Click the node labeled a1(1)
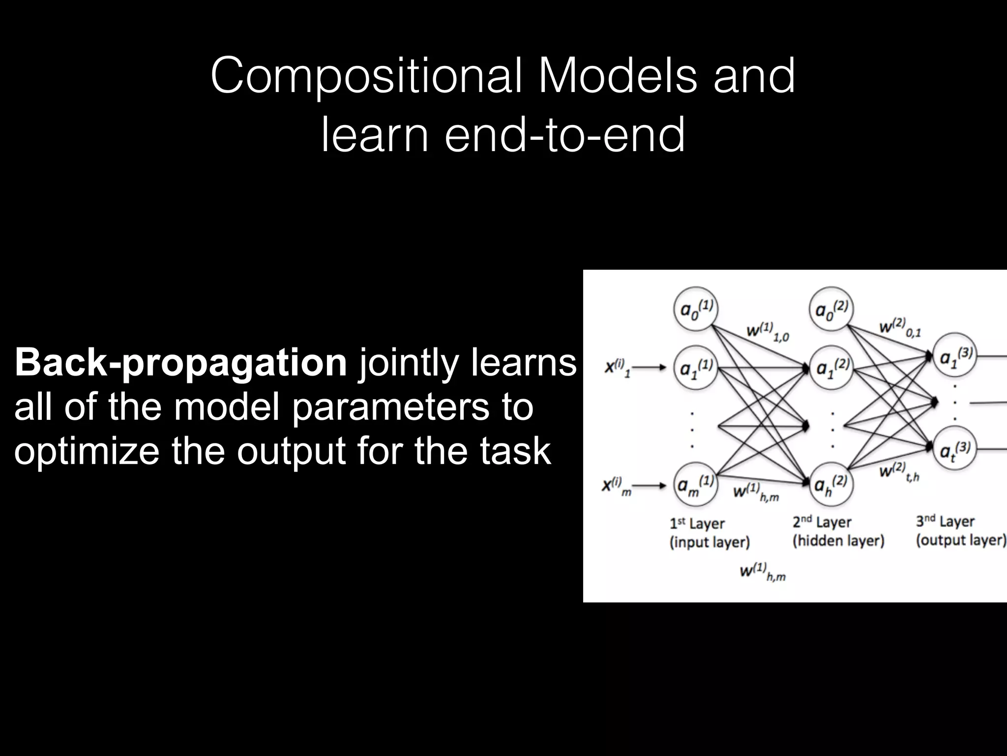695,368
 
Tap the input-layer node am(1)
695,484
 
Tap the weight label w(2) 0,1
899,327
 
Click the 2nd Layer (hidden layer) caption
838,531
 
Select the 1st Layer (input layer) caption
709,533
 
